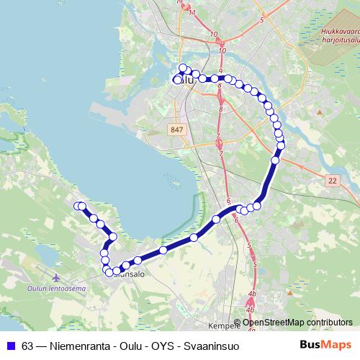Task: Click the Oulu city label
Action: (186, 81)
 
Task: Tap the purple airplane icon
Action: (57, 276)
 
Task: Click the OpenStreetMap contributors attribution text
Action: (298, 322)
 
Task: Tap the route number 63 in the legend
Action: (27, 346)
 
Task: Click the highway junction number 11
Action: (191, 12)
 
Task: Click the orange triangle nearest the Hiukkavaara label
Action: (319, 113)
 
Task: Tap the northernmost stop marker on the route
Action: (183, 68)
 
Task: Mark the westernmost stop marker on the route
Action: (78, 206)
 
